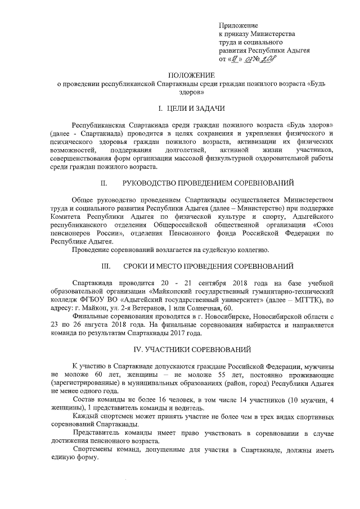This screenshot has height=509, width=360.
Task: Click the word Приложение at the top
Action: [x=238, y=26]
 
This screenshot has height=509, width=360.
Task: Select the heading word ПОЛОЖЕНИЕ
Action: [x=192, y=75]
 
